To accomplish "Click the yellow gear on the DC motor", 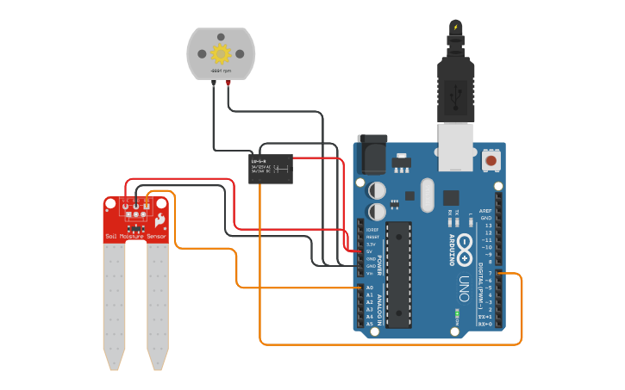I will [222, 52].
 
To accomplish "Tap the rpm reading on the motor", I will [222, 71].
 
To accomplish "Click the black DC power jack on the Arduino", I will [372, 156].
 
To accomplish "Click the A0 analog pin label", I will [370, 288].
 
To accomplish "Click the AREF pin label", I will [485, 211].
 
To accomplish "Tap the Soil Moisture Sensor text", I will [135, 235].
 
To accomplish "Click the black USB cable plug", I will [454, 86].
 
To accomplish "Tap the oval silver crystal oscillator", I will [427, 195].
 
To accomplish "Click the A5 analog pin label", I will [370, 324].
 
